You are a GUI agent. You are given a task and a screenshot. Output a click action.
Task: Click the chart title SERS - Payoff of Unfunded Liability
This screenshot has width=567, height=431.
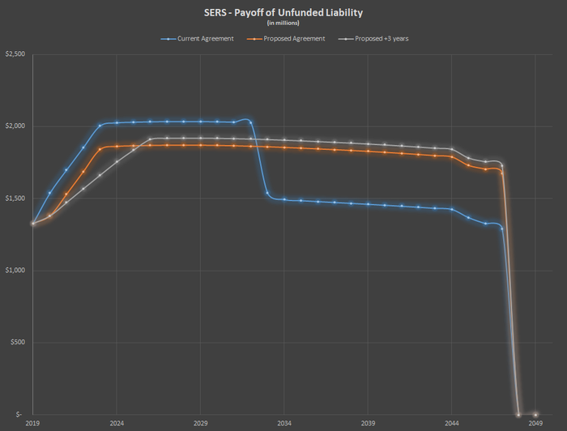click(283, 12)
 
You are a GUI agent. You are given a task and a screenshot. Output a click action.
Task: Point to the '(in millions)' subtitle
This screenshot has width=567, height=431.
click(283, 23)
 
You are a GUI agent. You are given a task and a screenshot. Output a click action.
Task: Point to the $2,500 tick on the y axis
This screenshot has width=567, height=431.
click(15, 54)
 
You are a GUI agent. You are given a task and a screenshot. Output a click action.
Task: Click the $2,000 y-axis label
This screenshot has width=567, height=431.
click(15, 126)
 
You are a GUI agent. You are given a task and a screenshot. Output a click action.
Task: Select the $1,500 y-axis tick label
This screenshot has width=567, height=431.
click(15, 198)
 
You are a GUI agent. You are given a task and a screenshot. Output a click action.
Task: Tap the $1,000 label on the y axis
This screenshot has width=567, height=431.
click(15, 271)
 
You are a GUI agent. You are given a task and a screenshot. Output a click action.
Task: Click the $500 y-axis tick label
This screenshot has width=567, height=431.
click(19, 343)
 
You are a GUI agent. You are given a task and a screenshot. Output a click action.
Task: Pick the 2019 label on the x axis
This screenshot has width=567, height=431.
click(33, 424)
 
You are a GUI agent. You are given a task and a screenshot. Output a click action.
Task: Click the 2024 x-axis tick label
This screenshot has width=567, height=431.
click(117, 424)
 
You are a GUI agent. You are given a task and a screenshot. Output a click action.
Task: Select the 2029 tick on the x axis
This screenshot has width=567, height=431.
click(201, 424)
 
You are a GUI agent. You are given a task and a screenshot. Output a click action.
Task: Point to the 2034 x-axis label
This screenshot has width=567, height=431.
click(284, 424)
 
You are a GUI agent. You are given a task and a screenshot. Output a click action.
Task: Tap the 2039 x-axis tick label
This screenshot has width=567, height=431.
click(368, 424)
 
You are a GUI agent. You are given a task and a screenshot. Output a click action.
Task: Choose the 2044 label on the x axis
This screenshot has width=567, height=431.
click(452, 424)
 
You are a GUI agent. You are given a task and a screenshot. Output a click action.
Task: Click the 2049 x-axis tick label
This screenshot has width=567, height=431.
click(535, 424)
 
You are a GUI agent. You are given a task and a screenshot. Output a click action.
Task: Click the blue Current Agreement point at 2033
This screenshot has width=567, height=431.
click(267, 193)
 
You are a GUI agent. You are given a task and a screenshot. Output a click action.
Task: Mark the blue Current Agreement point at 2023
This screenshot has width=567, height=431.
click(100, 126)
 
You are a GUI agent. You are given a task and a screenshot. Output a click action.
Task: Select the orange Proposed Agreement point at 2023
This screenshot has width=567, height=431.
click(100, 149)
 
